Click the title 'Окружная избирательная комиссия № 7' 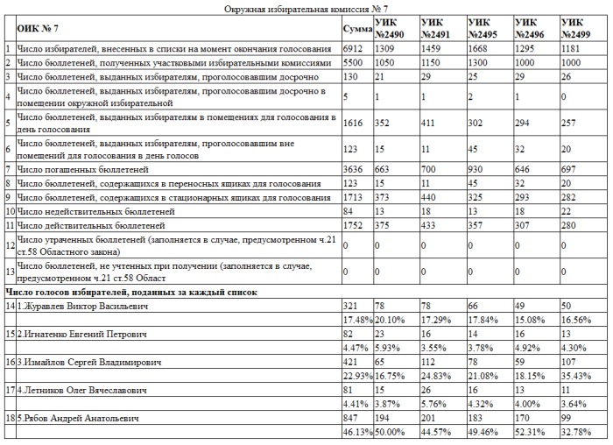[x=306, y=8]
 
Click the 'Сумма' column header [x=356, y=29]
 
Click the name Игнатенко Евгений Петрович [x=81, y=334]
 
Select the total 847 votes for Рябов [x=350, y=418]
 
